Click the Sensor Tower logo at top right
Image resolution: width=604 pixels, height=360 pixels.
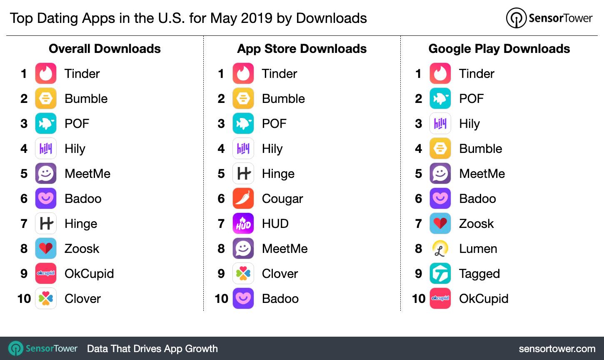[x=549, y=18]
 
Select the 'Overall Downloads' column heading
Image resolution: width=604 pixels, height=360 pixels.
[x=105, y=49]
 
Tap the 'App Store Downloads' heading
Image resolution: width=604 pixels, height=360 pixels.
[x=302, y=49]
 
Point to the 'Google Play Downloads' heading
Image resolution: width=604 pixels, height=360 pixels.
[x=499, y=49]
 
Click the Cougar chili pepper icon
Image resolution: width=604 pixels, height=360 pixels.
[x=243, y=198]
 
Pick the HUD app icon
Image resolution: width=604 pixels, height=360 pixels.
[x=243, y=223]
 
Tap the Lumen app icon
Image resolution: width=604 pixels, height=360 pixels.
[x=440, y=248]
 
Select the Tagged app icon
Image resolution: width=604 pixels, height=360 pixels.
[x=440, y=273]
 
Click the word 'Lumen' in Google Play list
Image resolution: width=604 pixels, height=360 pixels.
[x=478, y=249]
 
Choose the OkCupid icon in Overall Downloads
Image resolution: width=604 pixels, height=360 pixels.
[x=46, y=273]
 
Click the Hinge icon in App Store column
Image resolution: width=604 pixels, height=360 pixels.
[x=243, y=173]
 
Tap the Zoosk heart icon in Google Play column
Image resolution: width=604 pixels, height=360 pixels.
[x=440, y=223]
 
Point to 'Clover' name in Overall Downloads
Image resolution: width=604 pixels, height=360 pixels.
[x=82, y=299]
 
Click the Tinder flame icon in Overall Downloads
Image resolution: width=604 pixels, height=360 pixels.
[x=46, y=73]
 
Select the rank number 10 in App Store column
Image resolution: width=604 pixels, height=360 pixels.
[x=221, y=299]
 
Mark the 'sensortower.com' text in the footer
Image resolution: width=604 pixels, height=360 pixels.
[x=557, y=349]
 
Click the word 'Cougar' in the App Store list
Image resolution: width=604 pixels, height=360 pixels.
[x=282, y=199]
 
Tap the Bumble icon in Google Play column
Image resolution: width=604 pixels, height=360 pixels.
[x=440, y=148]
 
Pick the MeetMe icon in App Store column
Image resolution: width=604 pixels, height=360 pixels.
[x=243, y=248]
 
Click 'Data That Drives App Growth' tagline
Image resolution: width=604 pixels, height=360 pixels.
[x=152, y=349]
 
